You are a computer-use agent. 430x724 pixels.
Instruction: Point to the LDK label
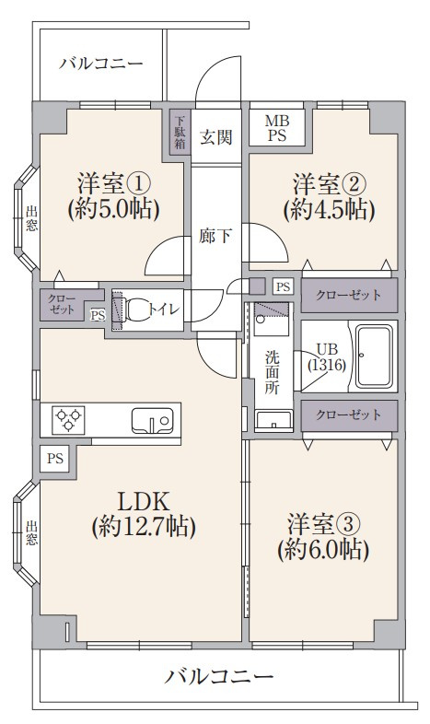pyautogui.click(x=143, y=514)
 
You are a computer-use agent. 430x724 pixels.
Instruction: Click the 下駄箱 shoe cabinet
pyautogui.click(x=180, y=131)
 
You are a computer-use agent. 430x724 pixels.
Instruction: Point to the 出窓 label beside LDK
pyautogui.click(x=31, y=533)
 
